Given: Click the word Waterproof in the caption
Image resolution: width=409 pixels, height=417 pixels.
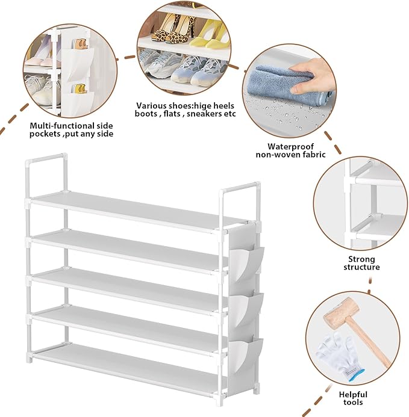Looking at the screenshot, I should (289, 146).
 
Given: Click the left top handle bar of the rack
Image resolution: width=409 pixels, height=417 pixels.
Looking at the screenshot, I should (46, 157).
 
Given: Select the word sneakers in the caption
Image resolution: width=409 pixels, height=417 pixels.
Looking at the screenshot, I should (204, 114).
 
